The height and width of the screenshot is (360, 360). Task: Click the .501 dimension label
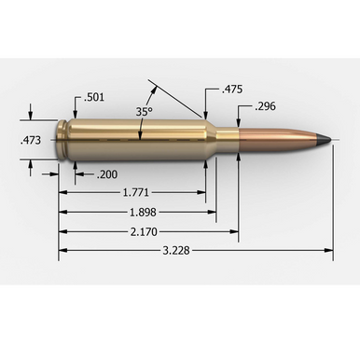93,97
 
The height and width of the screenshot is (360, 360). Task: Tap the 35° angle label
143,111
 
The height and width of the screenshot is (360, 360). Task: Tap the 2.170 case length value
145,230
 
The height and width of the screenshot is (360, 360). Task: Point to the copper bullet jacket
280,140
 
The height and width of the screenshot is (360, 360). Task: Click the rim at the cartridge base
62,140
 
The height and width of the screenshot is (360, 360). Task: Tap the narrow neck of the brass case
228,140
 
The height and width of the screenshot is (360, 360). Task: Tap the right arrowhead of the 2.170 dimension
235,230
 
